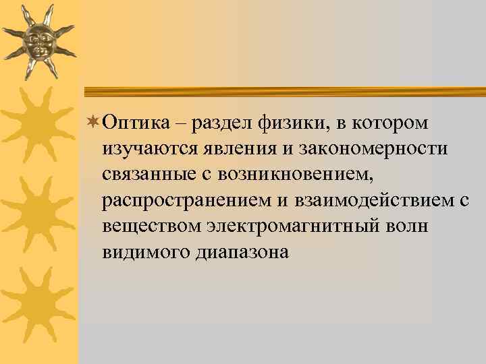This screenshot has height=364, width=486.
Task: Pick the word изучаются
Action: [x=145, y=148]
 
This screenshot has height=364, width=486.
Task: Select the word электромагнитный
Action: [x=282, y=226]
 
